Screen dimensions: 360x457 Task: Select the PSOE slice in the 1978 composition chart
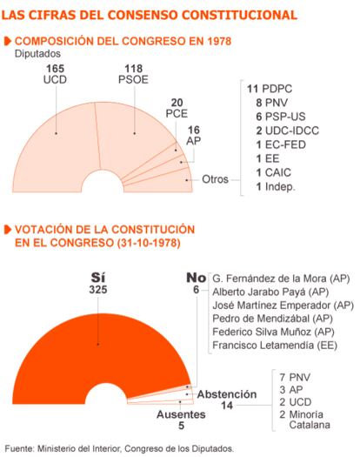pyautogui.click(x=134, y=134)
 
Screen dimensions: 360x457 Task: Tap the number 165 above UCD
pyautogui.click(x=55, y=69)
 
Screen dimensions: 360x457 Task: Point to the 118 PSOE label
pyautogui.click(x=133, y=74)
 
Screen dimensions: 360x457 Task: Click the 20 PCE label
pyautogui.click(x=177, y=108)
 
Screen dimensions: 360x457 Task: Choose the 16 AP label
pyautogui.click(x=194, y=136)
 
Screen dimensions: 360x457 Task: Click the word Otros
pyautogui.click(x=215, y=179)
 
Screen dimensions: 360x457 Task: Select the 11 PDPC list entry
pyautogui.click(x=270, y=89)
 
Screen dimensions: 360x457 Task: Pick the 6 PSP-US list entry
pyautogui.click(x=281, y=117)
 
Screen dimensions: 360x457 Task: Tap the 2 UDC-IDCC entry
pyautogui.click(x=288, y=131)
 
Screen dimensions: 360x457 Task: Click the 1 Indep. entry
pyautogui.click(x=276, y=186)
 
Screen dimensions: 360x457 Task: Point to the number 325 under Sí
pyautogui.click(x=98, y=290)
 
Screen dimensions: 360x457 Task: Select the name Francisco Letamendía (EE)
pyautogui.click(x=275, y=346)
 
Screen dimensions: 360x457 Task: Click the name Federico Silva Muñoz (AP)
pyautogui.click(x=273, y=332)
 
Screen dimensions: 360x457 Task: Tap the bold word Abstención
pyautogui.click(x=227, y=394)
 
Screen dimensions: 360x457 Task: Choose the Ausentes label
pyautogui.click(x=181, y=414)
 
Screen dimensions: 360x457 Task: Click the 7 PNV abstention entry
pyautogui.click(x=295, y=377)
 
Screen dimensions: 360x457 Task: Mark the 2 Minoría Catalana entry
pyautogui.click(x=304, y=420)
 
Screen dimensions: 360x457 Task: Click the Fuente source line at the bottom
pyautogui.click(x=119, y=449)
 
